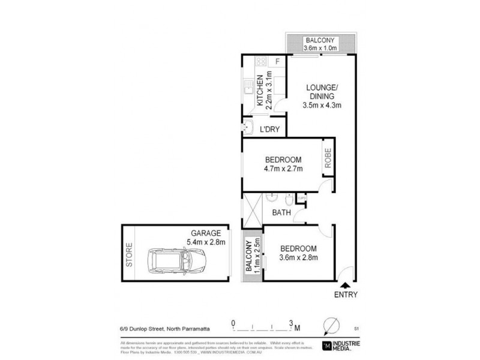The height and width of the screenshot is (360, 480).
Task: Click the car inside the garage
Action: tap(176, 260)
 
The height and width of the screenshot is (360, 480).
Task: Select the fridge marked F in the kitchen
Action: tap(277, 61)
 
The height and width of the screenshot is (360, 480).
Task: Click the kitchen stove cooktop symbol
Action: tap(261, 61)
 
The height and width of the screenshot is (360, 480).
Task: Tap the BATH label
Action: tap(281, 212)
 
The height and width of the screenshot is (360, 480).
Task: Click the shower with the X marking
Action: tap(253, 211)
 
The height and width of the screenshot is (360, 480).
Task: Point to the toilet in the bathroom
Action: tap(289, 197)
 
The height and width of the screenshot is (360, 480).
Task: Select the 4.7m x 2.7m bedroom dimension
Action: tap(284, 169)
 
